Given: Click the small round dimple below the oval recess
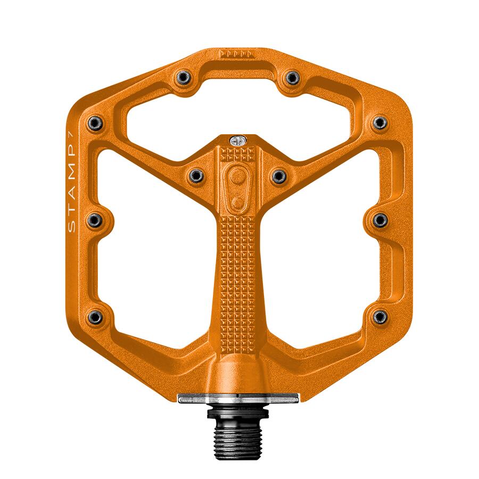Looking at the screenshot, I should (237, 202).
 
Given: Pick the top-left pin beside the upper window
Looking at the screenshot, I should (183, 78).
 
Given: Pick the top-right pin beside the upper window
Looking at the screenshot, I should (292, 78).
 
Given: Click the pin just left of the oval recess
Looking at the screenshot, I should (196, 175).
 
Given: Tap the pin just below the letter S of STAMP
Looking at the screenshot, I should (96, 220).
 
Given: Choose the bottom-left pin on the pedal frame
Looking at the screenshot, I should (96, 317).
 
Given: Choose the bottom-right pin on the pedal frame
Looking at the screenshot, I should (379, 317).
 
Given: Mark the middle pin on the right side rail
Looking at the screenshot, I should (379, 220).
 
